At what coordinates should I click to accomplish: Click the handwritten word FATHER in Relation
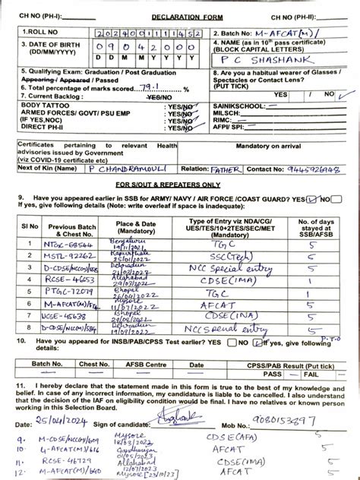tap(225, 169)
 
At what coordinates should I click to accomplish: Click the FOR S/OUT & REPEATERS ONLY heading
tap(180, 185)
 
